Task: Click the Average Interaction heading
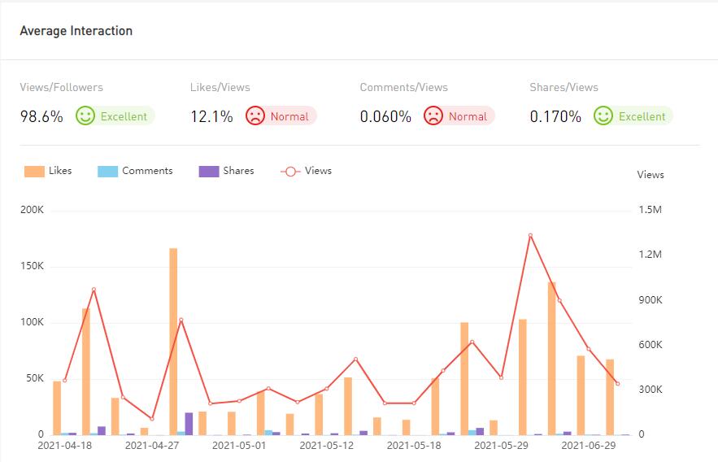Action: click(x=76, y=31)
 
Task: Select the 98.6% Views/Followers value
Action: click(x=41, y=116)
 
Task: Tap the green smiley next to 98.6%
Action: click(x=85, y=115)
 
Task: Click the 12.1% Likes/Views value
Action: click(x=211, y=116)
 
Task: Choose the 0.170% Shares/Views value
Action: click(x=555, y=116)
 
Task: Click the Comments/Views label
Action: click(x=403, y=87)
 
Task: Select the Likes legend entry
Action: click(x=48, y=171)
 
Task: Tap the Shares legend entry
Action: click(x=226, y=171)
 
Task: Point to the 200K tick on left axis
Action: click(x=33, y=210)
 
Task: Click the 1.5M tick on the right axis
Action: click(x=651, y=210)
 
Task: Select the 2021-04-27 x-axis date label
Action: click(x=151, y=446)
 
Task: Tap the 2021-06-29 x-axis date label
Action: click(x=589, y=446)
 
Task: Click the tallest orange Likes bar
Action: click(x=173, y=342)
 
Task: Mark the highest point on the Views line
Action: click(x=530, y=235)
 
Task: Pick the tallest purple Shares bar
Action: click(x=189, y=423)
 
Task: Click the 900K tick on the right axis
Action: click(x=651, y=300)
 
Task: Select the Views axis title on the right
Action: click(x=651, y=175)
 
